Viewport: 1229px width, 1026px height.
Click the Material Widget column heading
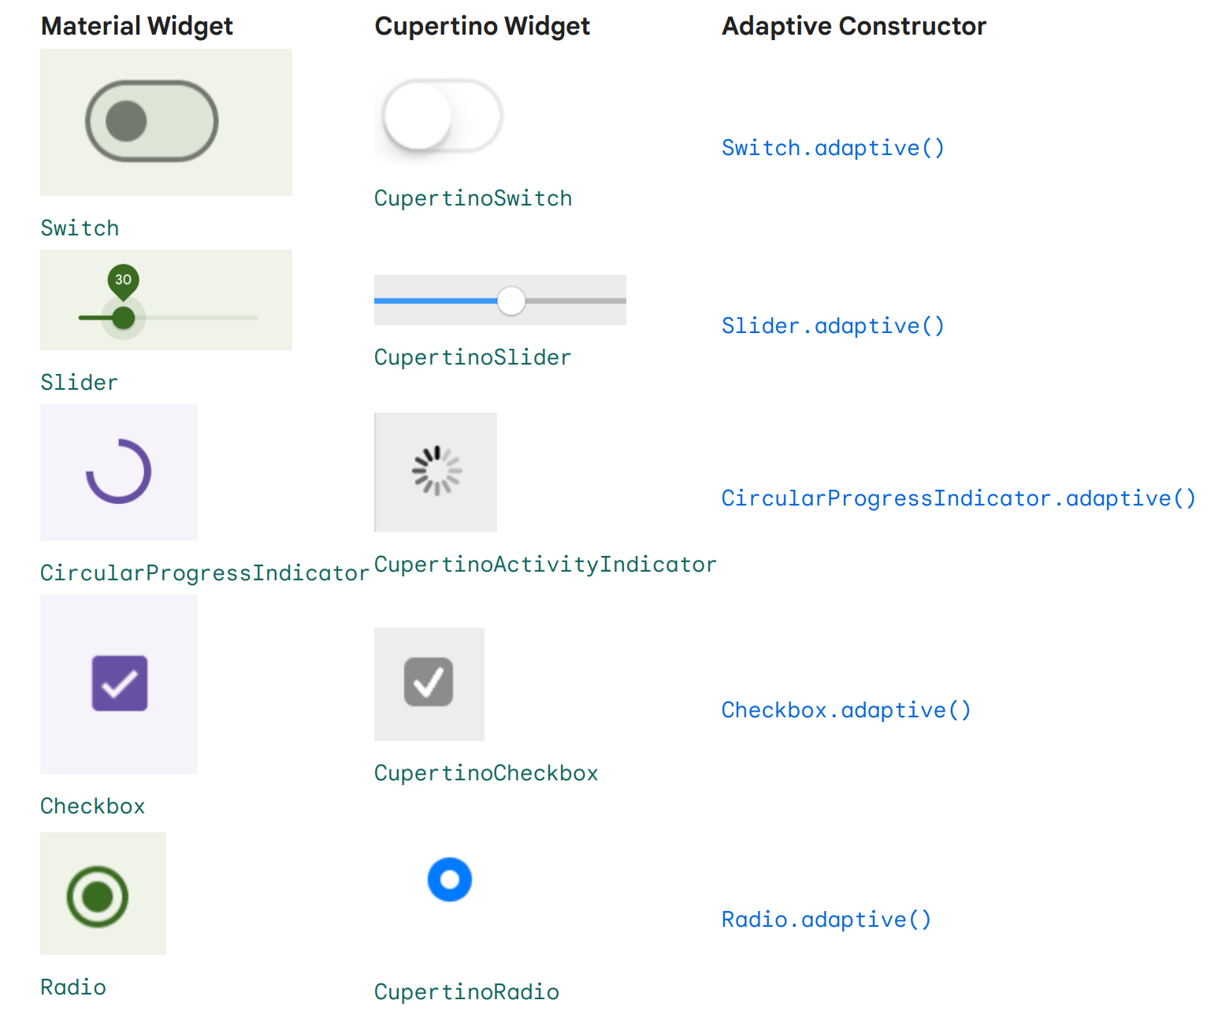pyautogui.click(x=136, y=26)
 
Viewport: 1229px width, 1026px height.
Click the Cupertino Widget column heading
pyautogui.click(x=482, y=26)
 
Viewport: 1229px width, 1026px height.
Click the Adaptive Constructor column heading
pyautogui.click(x=853, y=26)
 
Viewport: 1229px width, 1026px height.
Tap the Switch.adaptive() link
pyautogui.click(x=833, y=148)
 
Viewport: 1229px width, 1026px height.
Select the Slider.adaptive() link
pyautogui.click(x=833, y=326)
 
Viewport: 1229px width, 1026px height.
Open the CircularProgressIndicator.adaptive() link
pyautogui.click(x=958, y=498)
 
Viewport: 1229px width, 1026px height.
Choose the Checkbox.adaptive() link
pyautogui.click(x=846, y=710)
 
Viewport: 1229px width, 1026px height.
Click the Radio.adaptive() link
pyautogui.click(x=826, y=920)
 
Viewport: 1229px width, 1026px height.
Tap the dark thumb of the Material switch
pyautogui.click(x=126, y=121)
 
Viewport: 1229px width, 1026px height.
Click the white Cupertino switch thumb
pyautogui.click(x=418, y=116)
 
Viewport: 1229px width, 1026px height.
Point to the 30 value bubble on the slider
pyautogui.click(x=124, y=280)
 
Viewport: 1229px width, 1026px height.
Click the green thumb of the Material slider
pyautogui.click(x=124, y=318)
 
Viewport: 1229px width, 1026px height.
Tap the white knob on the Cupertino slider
pyautogui.click(x=511, y=301)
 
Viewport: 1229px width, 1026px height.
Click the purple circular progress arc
pyautogui.click(x=119, y=472)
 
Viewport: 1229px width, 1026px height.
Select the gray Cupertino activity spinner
pyautogui.click(x=436, y=471)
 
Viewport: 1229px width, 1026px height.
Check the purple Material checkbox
pyautogui.click(x=120, y=683)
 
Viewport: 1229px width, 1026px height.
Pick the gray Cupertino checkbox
pyautogui.click(x=429, y=682)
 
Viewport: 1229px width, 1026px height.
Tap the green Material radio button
pyautogui.click(x=98, y=896)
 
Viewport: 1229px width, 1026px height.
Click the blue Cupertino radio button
pyautogui.click(x=450, y=880)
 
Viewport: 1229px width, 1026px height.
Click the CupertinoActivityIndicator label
pyautogui.click(x=545, y=565)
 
